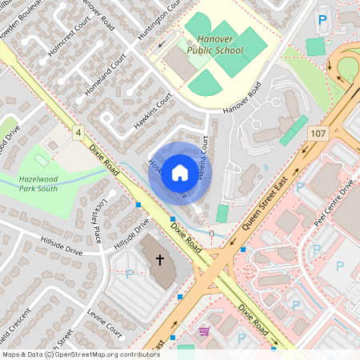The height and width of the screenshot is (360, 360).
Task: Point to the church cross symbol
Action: (x=159, y=260)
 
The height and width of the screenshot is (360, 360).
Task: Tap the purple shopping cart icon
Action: (x=204, y=330)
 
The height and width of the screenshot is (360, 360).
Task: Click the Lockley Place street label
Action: (x=86, y=222)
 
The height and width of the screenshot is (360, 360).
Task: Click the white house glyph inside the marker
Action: (x=180, y=172)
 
